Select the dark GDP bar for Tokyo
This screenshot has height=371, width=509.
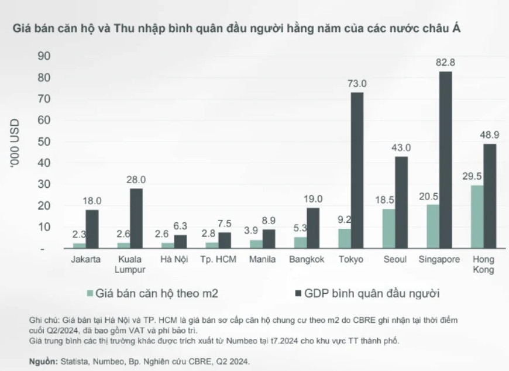357,170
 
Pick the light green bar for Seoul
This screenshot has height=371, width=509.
388,229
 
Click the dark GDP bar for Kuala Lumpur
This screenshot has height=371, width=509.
136,218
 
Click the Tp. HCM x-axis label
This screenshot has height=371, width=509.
218,259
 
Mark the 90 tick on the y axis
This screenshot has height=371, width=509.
44,56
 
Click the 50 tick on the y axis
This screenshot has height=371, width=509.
44,142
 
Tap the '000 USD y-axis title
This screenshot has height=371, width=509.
15,144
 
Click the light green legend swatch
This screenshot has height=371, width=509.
90,293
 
